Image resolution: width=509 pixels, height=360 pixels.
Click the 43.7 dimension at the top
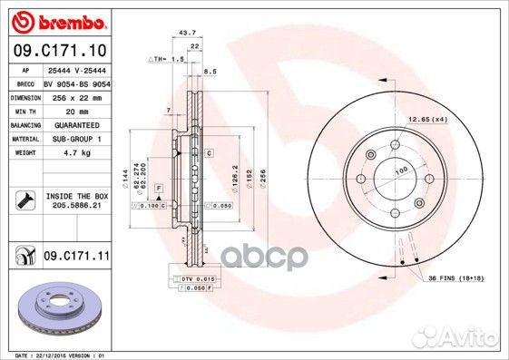click(189, 34)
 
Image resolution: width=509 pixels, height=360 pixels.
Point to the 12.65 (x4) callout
click(426, 120)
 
